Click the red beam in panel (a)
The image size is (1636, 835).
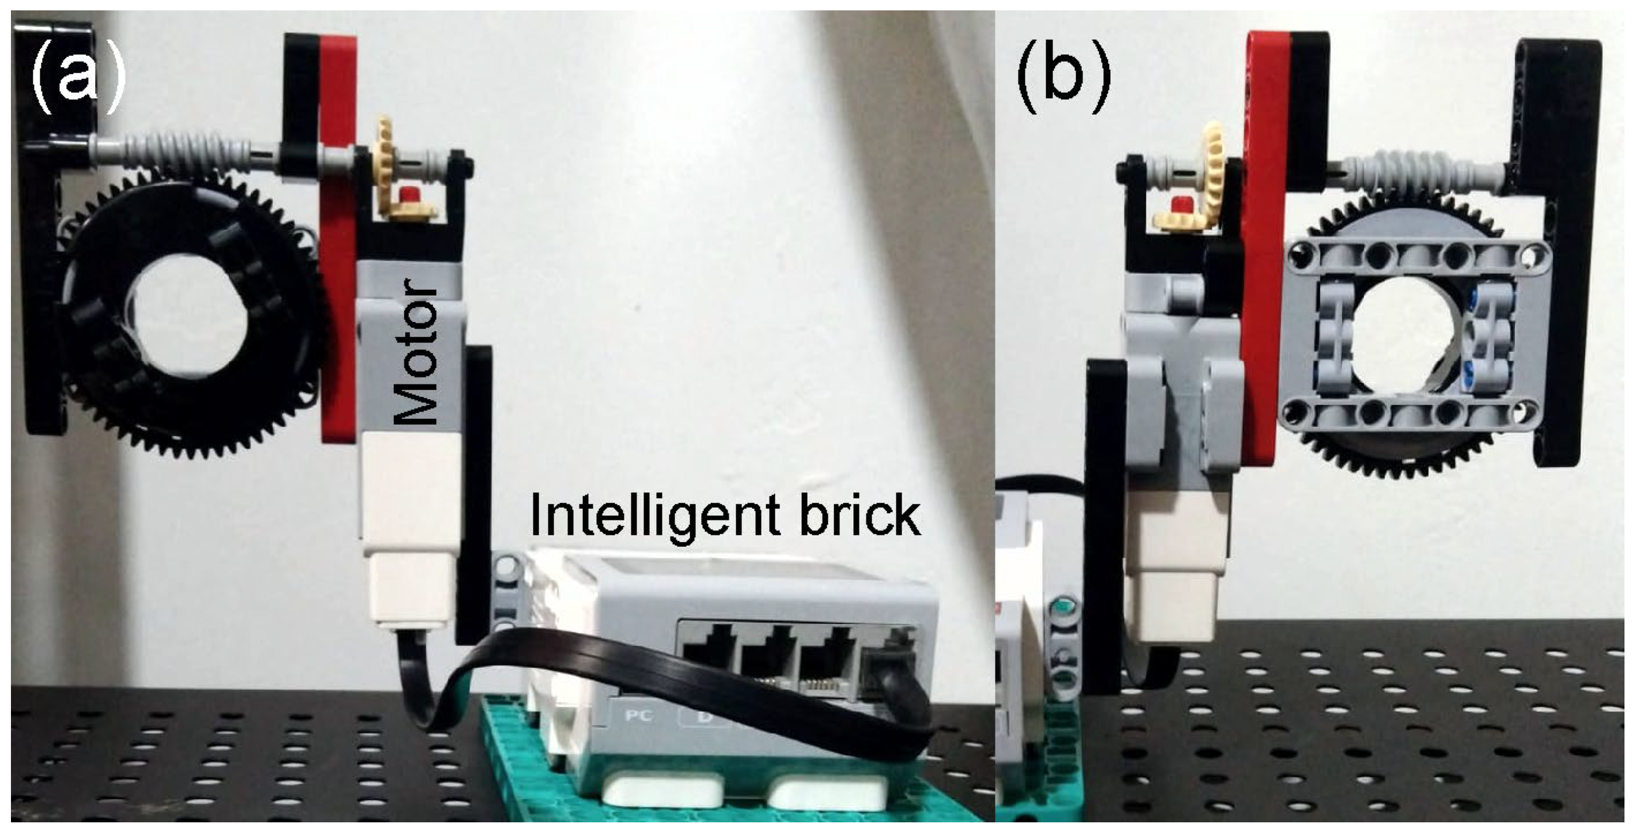point(338,241)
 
